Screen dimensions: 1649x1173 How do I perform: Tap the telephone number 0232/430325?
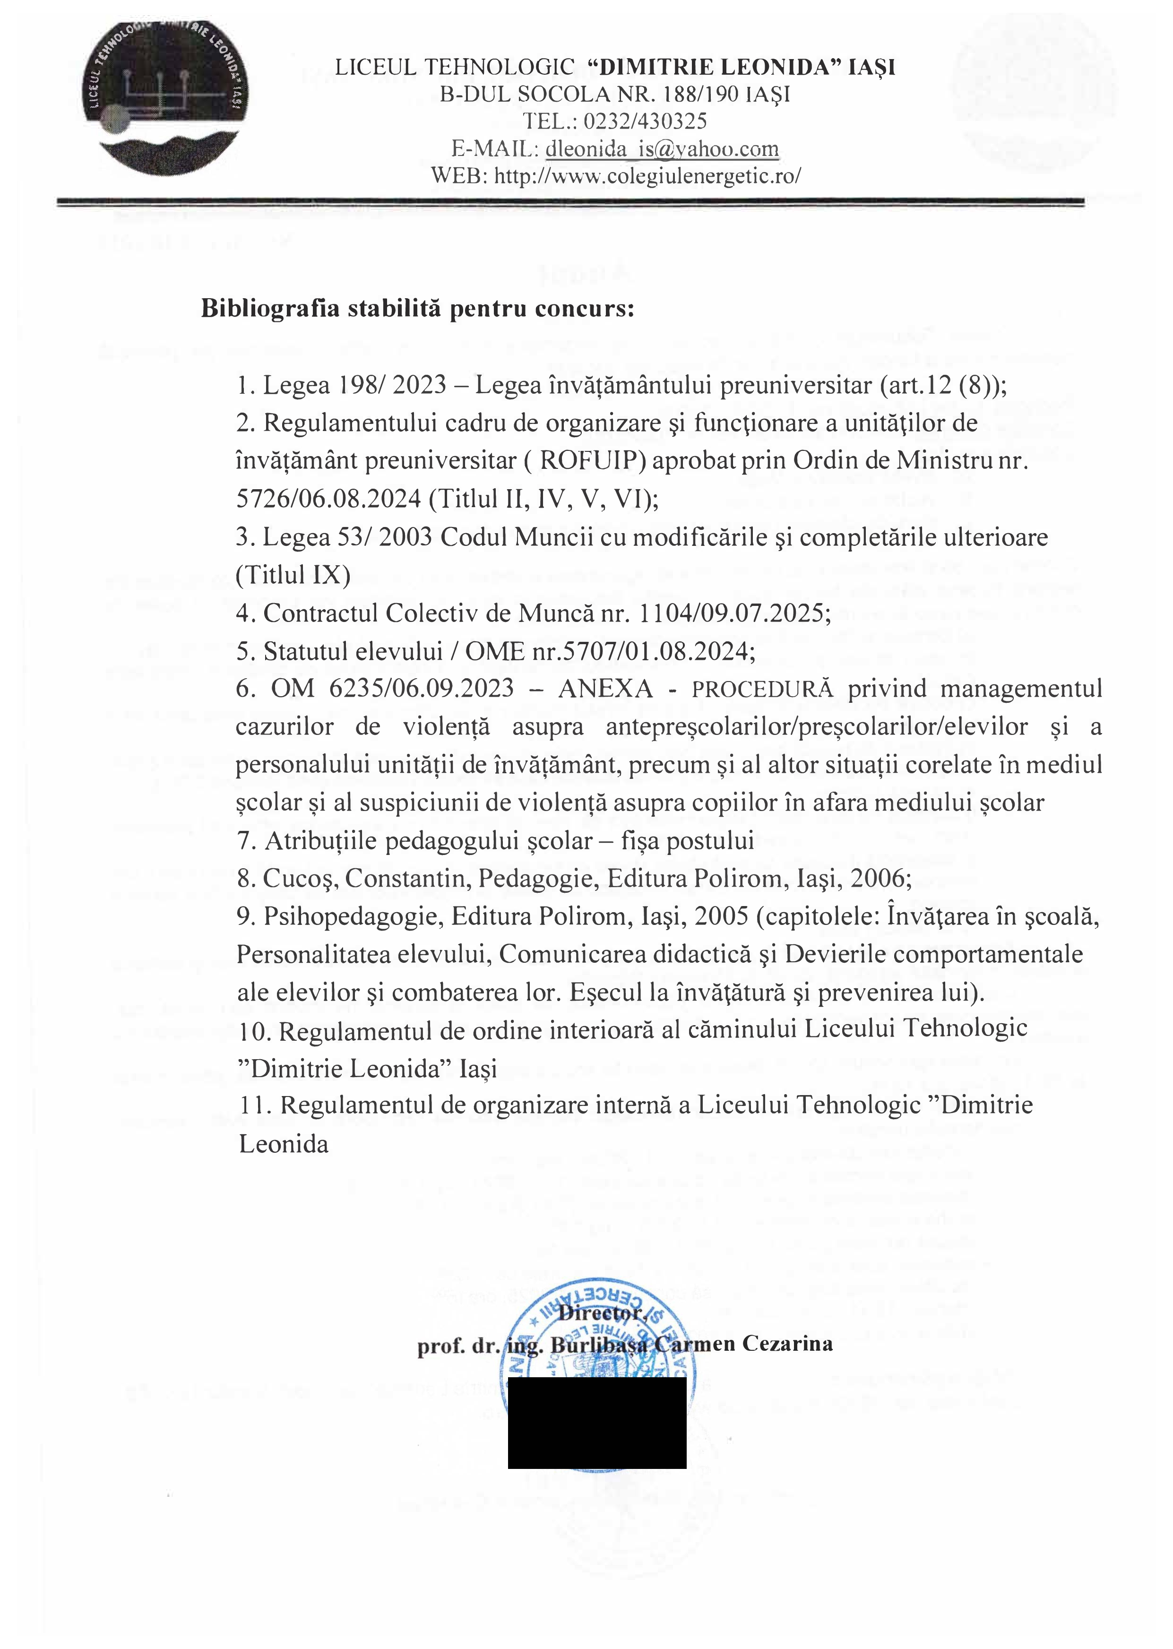[645, 121]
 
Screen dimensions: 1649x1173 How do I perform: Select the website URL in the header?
[647, 175]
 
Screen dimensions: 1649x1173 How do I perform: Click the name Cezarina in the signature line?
[795, 1344]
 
